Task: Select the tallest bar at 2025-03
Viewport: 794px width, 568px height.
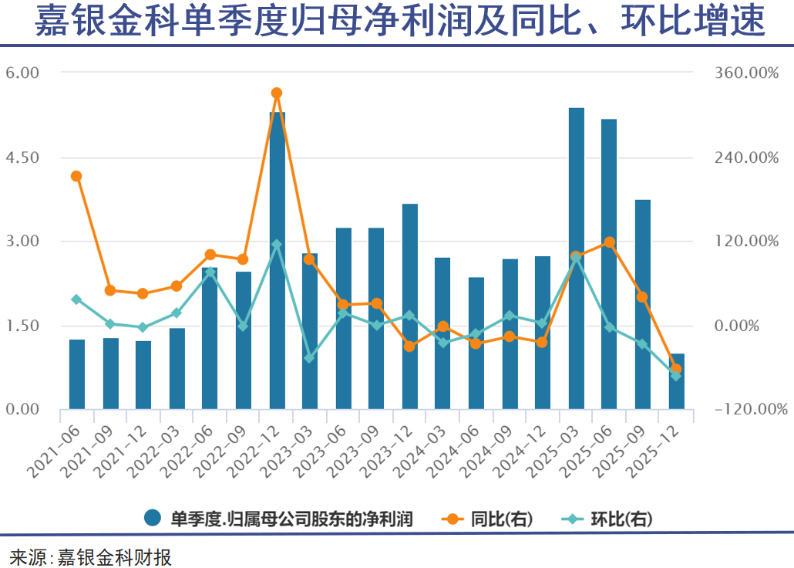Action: [576, 259]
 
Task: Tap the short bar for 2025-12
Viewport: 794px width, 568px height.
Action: [676, 381]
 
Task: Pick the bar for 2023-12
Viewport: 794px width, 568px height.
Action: [410, 306]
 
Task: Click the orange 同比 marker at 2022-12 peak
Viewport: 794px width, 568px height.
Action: [277, 93]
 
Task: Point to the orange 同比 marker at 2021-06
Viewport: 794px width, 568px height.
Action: [76, 176]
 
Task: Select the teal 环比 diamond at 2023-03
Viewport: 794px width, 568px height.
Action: [310, 358]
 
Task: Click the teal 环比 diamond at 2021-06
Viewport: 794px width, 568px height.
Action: [76, 299]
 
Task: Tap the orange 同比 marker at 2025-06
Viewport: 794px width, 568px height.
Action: [609, 242]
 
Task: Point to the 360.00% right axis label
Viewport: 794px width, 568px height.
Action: [746, 73]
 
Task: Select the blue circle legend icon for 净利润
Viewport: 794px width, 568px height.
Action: [153, 519]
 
